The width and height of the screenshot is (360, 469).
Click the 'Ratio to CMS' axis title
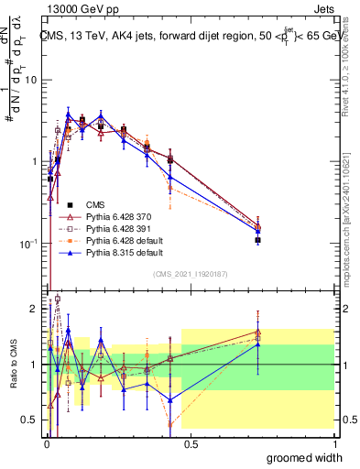point(13,362)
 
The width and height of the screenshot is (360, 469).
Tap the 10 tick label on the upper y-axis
point(30,81)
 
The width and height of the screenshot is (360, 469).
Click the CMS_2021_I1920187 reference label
point(190,274)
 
